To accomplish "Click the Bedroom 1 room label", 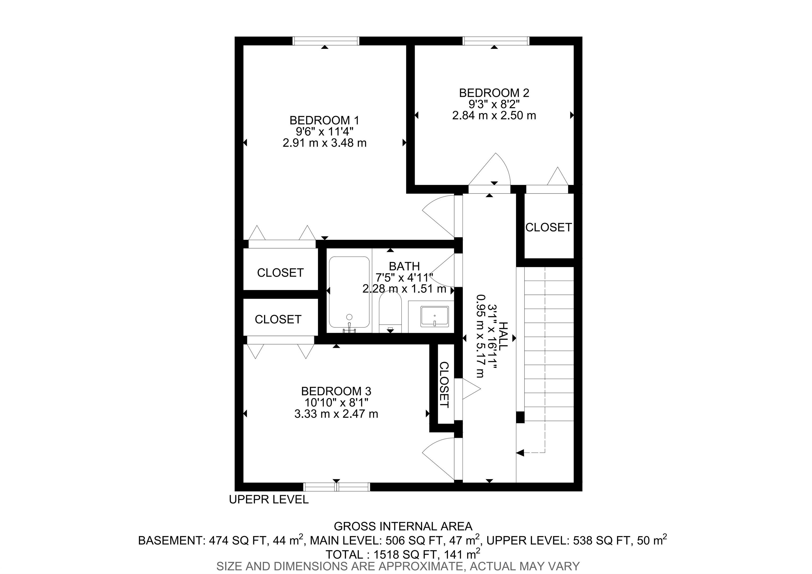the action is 324,120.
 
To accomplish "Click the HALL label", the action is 502,336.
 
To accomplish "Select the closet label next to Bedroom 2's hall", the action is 548,227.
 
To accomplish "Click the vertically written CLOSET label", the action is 444,384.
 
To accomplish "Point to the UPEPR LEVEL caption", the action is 269,499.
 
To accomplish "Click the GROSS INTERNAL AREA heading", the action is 403,526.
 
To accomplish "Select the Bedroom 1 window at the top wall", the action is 326,41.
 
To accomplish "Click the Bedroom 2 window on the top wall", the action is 496,41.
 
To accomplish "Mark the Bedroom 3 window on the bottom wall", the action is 337,487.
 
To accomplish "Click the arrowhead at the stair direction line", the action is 520,452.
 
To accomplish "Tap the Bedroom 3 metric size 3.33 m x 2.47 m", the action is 336,414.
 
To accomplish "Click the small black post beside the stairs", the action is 520,417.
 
